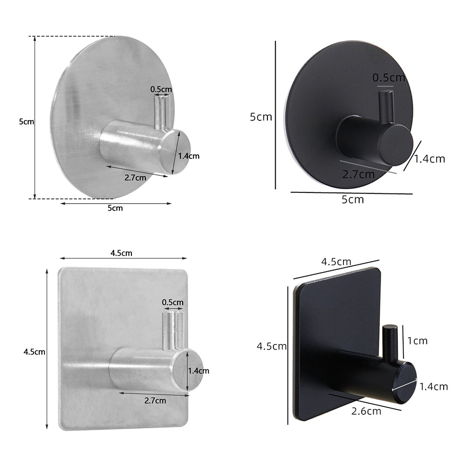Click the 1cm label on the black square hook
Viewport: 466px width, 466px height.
tap(417, 341)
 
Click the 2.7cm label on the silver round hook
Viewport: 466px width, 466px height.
tap(135, 177)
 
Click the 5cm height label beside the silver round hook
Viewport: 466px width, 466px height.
tap(27, 122)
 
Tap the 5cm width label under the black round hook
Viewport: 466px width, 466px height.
tap(353, 200)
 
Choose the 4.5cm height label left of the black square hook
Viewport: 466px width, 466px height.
tap(272, 346)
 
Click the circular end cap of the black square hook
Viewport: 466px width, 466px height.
tap(404, 383)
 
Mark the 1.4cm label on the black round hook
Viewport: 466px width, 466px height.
tap(430, 159)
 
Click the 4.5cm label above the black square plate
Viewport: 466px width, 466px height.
tap(336, 262)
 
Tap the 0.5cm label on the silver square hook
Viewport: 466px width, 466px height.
tap(172, 302)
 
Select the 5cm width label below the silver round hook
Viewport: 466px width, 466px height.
tap(115, 208)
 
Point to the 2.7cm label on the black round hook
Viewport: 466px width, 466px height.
tap(358, 175)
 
